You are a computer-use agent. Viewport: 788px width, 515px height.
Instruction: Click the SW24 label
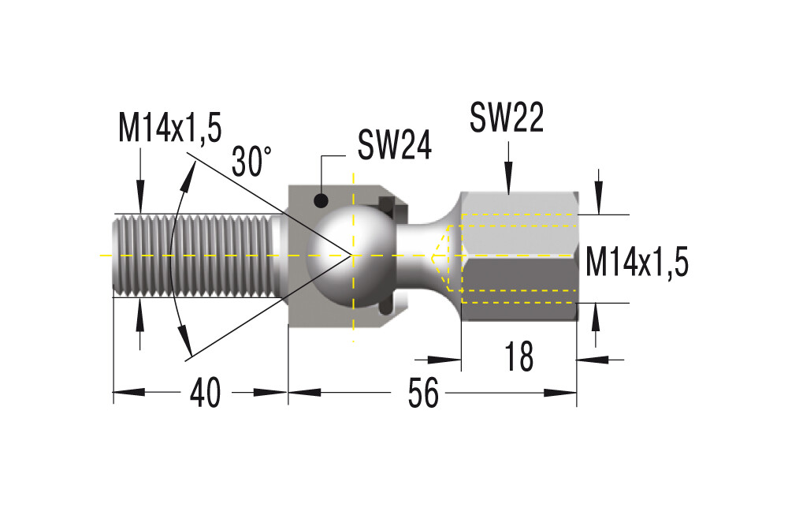[x=395, y=144]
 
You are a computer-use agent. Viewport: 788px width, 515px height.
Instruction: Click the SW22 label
[x=507, y=118]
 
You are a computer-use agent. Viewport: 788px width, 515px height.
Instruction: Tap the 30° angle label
[x=251, y=161]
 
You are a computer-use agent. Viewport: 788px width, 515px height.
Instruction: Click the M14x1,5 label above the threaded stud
[x=170, y=128]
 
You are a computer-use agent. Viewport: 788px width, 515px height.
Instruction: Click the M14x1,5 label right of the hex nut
[x=637, y=262]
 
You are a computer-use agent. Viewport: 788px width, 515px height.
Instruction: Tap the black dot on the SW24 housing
[x=321, y=201]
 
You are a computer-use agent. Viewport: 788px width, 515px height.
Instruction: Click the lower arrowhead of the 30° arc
[x=185, y=341]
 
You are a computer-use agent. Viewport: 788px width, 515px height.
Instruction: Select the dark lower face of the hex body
[x=519, y=290]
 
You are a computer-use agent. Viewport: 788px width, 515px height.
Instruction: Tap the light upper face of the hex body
[x=519, y=224]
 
